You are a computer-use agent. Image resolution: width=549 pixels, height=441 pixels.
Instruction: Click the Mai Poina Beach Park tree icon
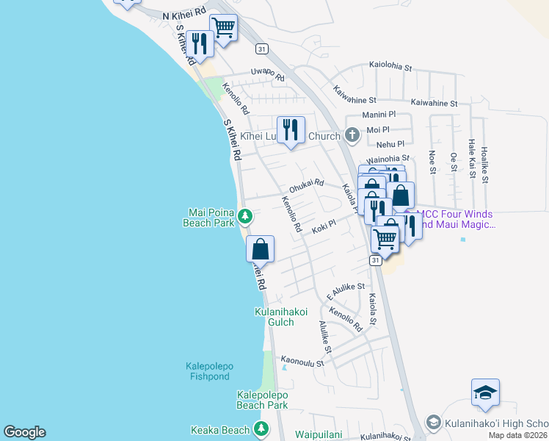click(x=246, y=216)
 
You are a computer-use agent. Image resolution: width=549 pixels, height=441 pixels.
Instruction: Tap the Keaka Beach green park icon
click(x=261, y=429)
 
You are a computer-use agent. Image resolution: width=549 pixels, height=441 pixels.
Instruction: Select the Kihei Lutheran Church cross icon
click(x=352, y=135)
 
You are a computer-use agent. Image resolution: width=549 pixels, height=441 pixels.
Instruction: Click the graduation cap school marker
click(x=485, y=393)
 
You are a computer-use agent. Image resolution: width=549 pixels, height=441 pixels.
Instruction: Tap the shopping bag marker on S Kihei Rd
click(x=260, y=250)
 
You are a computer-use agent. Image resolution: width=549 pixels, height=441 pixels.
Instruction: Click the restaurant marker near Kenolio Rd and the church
click(x=291, y=130)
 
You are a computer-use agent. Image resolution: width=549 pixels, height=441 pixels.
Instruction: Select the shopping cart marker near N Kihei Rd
click(x=223, y=29)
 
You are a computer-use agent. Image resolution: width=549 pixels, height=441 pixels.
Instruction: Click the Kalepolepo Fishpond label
click(x=207, y=371)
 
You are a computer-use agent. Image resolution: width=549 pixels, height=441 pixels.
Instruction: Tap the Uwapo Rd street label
click(x=267, y=72)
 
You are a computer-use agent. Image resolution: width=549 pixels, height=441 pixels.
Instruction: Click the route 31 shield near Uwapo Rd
click(x=261, y=49)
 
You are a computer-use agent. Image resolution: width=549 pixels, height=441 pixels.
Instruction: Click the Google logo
click(x=24, y=432)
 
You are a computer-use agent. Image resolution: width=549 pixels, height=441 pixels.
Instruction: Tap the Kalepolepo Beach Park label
click(x=262, y=400)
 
